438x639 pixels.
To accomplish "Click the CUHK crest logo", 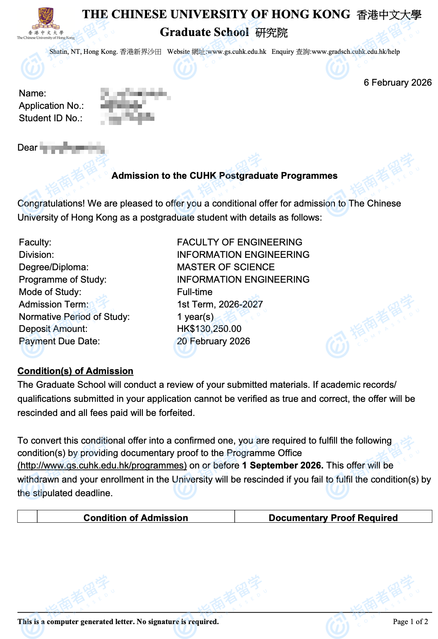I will pyautogui.click(x=46, y=19).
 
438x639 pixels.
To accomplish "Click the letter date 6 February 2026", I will pyautogui.click(x=397, y=83).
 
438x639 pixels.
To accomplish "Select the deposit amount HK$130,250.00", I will pyautogui.click(x=209, y=329).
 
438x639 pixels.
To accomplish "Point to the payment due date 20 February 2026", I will pyautogui.click(x=213, y=341).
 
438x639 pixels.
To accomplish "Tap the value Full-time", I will pyautogui.click(x=195, y=292).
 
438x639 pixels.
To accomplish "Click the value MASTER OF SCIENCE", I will pyautogui.click(x=226, y=267).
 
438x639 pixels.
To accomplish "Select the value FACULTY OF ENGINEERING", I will pyautogui.click(x=239, y=243).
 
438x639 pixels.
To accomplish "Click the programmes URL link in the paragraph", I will pyautogui.click(x=102, y=466).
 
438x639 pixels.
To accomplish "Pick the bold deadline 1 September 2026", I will pyautogui.click(x=282, y=466).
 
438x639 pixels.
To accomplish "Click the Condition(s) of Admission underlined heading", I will pyautogui.click(x=75, y=371).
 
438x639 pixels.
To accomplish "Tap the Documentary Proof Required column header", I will pyautogui.click(x=333, y=518).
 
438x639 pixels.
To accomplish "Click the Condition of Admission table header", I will pyautogui.click(x=135, y=518).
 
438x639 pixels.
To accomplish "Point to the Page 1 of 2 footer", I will pyautogui.click(x=410, y=622).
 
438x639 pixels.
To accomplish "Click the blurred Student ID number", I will pyautogui.click(x=128, y=119).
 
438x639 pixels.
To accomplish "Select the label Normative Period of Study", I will pyautogui.click(x=74, y=317).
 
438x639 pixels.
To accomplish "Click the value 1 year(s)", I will pyautogui.click(x=195, y=317).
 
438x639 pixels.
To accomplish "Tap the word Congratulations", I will pyautogui.click(x=51, y=204).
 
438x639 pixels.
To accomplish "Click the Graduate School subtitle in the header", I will pyautogui.click(x=205, y=32).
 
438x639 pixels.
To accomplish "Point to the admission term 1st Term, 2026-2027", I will pyautogui.click(x=220, y=305).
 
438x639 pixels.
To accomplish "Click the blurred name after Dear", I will pyautogui.click(x=72, y=148).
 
